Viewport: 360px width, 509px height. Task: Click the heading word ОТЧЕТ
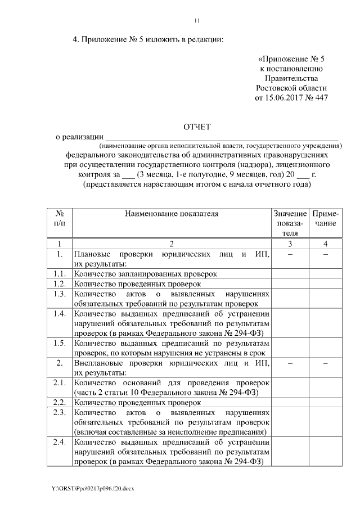click(197, 126)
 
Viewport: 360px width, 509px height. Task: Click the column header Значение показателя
click(289, 223)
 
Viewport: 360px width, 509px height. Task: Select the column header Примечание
click(326, 218)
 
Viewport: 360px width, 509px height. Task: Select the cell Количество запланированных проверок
click(145, 274)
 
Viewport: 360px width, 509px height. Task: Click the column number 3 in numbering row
click(289, 244)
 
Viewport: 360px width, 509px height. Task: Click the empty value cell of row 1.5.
click(289, 347)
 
